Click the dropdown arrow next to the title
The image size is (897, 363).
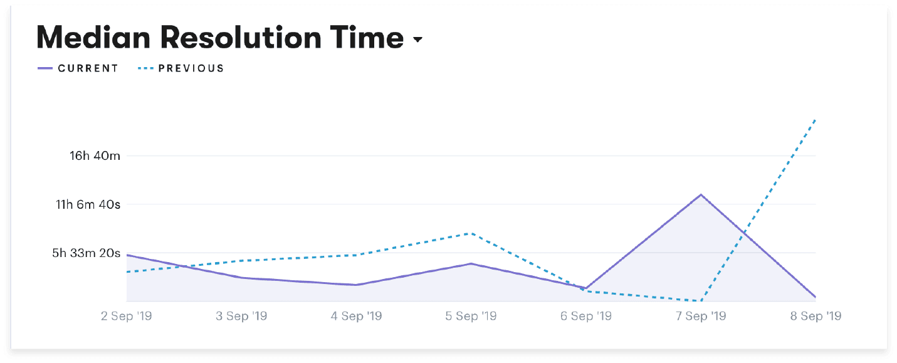pos(418,41)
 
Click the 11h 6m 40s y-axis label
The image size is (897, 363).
pos(88,204)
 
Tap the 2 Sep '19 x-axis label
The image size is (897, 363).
pos(127,316)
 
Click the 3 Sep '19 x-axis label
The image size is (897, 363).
pos(241,316)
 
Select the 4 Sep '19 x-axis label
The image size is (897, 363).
pos(356,316)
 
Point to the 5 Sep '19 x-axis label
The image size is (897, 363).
pos(471,316)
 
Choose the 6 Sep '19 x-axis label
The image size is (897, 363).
pos(585,316)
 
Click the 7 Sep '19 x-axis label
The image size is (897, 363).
pos(700,316)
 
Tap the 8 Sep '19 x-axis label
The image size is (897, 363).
pos(816,316)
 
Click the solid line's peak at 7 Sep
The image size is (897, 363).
pos(701,194)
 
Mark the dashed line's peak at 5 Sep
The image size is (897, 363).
pos(471,233)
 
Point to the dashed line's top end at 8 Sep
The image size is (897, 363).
pos(815,119)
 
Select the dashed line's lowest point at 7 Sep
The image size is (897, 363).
pos(701,301)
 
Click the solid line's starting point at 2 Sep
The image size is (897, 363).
pos(127,255)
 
